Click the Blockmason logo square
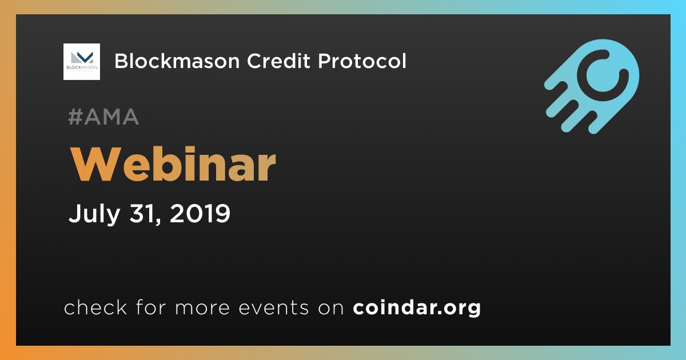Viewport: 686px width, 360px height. (x=82, y=62)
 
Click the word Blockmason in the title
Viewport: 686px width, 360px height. (x=177, y=61)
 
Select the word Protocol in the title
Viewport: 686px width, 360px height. (x=362, y=61)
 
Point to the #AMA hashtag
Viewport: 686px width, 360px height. (x=104, y=117)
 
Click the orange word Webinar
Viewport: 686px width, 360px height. (x=173, y=165)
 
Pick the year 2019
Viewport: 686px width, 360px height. (x=200, y=213)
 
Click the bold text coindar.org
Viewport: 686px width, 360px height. (x=417, y=307)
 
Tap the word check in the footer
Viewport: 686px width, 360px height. (x=95, y=307)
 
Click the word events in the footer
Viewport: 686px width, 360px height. (x=274, y=307)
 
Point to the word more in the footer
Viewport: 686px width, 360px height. (x=202, y=308)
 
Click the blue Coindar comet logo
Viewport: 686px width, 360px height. (x=592, y=86)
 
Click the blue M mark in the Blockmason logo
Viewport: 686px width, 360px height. (x=85, y=57)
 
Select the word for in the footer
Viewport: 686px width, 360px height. (x=151, y=307)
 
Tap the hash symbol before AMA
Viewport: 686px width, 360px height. (x=75, y=117)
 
